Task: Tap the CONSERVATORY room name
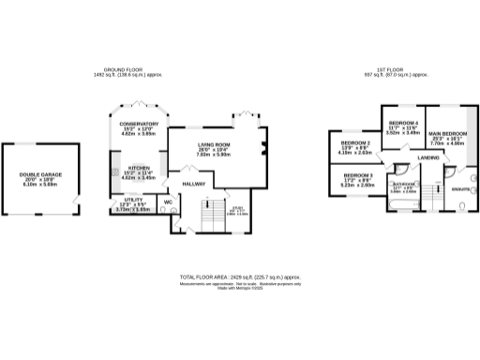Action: [138, 125]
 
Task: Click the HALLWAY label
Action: [193, 183]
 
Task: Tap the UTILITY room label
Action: [132, 200]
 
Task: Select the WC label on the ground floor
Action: [169, 202]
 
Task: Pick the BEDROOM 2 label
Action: [355, 143]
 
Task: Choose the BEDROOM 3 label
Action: [357, 176]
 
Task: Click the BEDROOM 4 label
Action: [403, 124]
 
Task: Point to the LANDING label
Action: [428, 157]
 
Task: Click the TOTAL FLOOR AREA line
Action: [240, 277]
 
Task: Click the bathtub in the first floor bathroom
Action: [405, 195]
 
